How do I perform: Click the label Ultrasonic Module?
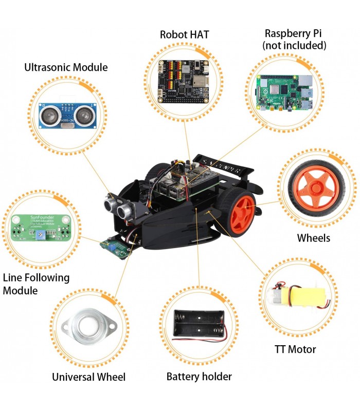click(x=66, y=67)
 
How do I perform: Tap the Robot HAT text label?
click(x=184, y=35)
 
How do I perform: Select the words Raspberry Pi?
click(x=295, y=33)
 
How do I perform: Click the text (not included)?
click(x=294, y=46)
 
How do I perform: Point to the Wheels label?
click(x=314, y=238)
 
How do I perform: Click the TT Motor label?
click(x=295, y=349)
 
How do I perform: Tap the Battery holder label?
click(x=199, y=377)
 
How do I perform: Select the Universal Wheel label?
click(x=88, y=377)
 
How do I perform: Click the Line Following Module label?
click(x=36, y=284)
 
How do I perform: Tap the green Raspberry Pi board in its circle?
click(x=284, y=93)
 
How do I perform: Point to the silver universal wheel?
click(x=88, y=327)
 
